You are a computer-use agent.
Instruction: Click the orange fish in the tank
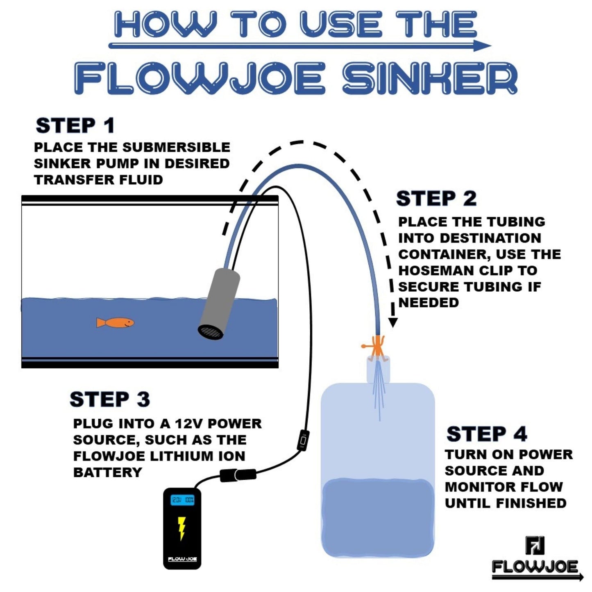pos(115,322)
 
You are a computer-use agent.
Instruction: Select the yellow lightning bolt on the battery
pos(182,528)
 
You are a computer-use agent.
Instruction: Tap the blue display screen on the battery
pos(182,500)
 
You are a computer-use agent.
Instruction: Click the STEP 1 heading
pos(75,125)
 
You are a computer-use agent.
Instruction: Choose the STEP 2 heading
pos(436,199)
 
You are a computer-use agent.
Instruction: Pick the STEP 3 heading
pos(110,399)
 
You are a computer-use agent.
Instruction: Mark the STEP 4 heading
pos(487,434)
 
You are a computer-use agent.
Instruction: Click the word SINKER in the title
pos(430,78)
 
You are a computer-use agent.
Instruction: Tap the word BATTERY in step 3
pos(107,472)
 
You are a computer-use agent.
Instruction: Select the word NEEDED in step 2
pos(429,302)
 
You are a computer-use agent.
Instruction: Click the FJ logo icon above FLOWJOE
pos(535,546)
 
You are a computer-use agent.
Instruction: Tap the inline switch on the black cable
pos(304,440)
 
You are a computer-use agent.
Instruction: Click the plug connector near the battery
pos(238,475)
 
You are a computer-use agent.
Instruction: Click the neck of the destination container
pos(378,369)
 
